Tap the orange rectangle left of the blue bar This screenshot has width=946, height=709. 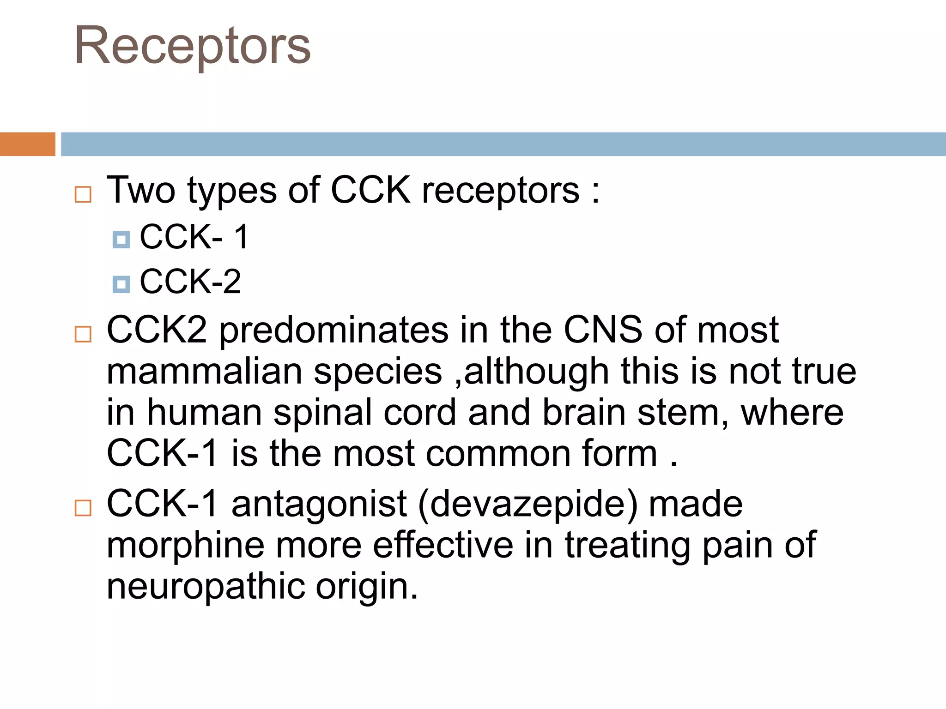tap(27, 144)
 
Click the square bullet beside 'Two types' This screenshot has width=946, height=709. tap(83, 194)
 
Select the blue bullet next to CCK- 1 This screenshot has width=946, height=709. tap(121, 240)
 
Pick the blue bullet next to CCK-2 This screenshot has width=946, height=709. tap(121, 284)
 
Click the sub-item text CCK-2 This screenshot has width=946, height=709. tap(190, 282)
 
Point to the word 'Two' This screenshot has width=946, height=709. tap(141, 190)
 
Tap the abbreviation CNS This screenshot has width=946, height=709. tap(603, 330)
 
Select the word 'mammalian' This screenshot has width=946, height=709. tap(205, 372)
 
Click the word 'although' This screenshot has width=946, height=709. tap(536, 372)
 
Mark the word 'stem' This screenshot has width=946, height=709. tap(683, 413)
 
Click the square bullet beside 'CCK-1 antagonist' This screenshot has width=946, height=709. tap(83, 508)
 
